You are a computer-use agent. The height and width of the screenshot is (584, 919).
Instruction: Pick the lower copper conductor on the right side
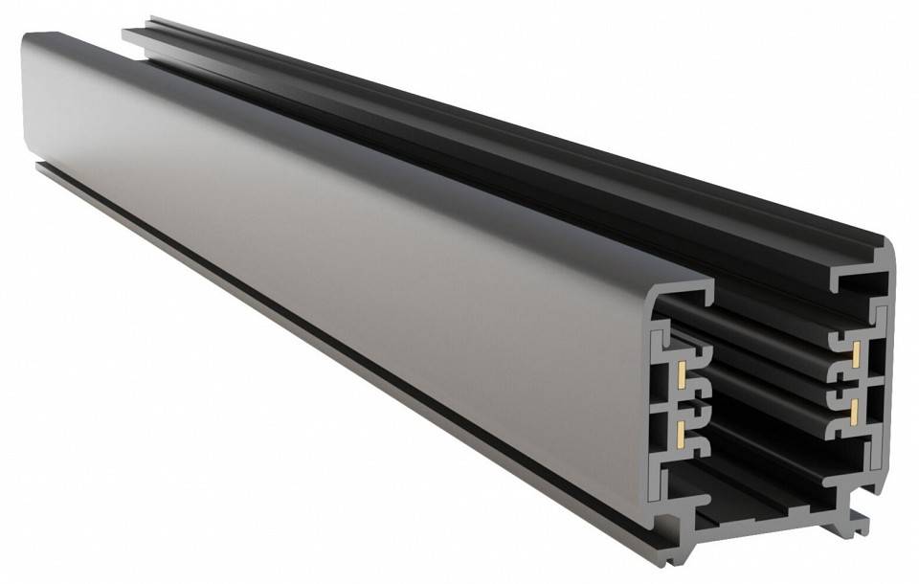coord(850,410)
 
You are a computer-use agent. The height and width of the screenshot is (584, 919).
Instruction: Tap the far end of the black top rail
coord(144,34)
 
